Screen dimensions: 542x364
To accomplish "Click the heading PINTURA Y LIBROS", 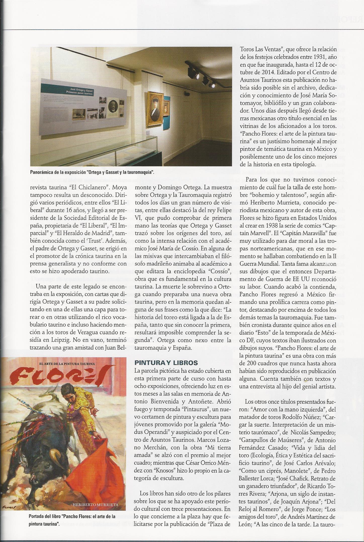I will tap(166, 363).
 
